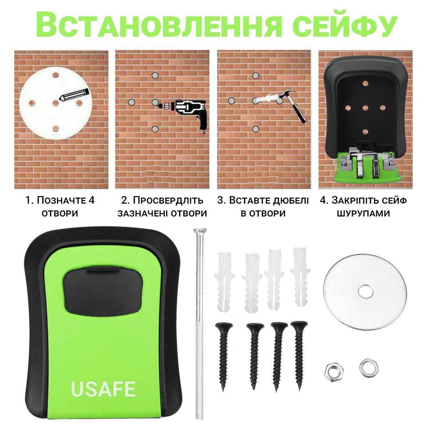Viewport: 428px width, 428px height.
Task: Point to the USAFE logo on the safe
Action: click(103, 389)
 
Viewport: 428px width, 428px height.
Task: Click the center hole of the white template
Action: click(55, 102)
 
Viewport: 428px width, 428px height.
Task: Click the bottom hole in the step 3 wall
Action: click(255, 129)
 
